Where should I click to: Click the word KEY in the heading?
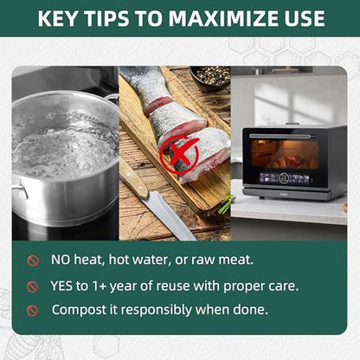57,18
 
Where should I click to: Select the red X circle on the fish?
179,154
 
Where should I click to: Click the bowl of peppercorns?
211,77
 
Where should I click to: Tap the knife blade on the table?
170,215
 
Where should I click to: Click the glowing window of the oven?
285,154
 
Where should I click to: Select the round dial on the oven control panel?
286,178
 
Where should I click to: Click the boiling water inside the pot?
64,145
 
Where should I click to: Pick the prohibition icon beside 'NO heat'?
33,260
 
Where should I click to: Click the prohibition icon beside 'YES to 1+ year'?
32,286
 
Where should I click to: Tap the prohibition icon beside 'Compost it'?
32,311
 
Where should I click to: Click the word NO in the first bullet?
61,260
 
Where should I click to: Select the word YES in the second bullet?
61,286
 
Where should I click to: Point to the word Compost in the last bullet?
79,311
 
